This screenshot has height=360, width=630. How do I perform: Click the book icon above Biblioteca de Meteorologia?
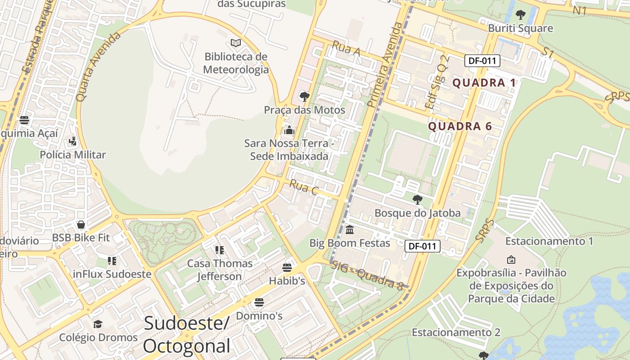pos(236,43)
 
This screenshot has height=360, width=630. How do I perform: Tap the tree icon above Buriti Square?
pos(521,15)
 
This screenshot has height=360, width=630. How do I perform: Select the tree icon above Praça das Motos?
pos(305,96)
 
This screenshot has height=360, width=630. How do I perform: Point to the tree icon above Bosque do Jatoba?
pos(418,199)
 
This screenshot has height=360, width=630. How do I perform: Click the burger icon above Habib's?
pos(287,268)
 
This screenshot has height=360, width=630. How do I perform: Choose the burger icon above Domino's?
pos(259,302)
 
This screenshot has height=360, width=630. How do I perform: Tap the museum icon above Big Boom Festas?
pos(350,230)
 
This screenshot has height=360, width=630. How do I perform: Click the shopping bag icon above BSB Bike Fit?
pos(81,224)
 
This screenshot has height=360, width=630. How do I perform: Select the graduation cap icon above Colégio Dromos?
pos(98,324)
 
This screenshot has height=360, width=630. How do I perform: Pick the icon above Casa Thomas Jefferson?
pos(220,250)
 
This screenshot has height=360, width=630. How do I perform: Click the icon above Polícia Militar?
pos(72,141)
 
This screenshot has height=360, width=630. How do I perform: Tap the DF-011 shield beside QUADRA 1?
pos(482,61)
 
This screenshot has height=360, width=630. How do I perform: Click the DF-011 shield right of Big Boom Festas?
pos(423,246)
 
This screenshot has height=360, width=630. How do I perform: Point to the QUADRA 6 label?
pos(460,126)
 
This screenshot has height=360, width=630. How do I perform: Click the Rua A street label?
pos(346,49)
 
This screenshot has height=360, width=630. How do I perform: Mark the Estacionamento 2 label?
pos(456,333)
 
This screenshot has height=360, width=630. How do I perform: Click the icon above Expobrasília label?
pos(511,260)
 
